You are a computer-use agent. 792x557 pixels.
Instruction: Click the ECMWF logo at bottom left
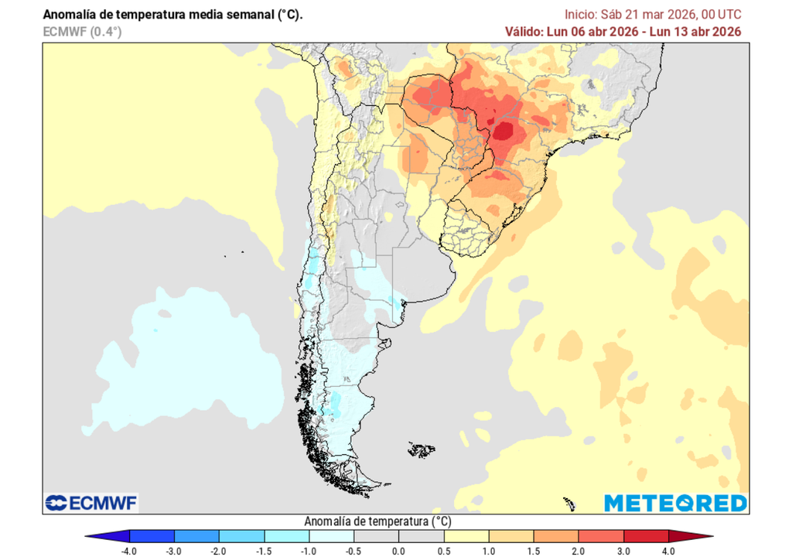[91, 503]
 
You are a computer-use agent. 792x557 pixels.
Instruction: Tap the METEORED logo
[675, 503]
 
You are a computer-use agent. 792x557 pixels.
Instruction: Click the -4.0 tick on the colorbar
[130, 550]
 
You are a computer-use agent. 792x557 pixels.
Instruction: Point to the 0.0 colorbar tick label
[398, 550]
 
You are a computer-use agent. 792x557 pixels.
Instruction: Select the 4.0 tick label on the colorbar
[667, 550]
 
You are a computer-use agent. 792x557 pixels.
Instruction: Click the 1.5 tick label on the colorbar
[533, 550]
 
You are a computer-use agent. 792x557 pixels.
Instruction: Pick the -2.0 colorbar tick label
[220, 550]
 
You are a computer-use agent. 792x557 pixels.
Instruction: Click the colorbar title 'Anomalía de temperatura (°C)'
[378, 521]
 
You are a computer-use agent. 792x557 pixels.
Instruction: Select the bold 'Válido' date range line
[623, 32]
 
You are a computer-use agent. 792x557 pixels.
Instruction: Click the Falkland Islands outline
[422, 449]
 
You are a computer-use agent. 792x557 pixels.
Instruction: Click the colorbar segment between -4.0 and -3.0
[152, 536]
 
